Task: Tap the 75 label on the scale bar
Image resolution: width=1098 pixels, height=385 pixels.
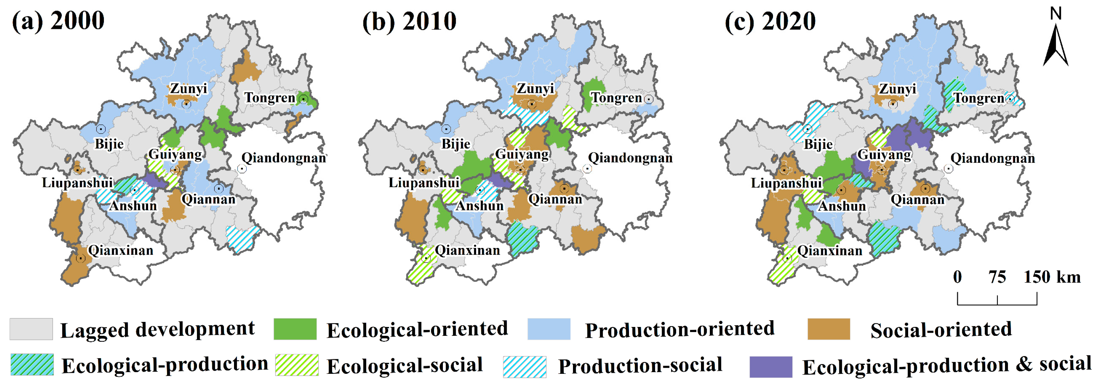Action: click(997, 277)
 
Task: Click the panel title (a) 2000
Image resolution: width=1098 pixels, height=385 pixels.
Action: click(58, 21)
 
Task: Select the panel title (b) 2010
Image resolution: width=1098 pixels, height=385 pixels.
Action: click(409, 21)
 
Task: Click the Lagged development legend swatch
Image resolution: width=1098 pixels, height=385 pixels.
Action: click(31, 329)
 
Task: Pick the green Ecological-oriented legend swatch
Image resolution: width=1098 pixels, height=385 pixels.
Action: click(295, 329)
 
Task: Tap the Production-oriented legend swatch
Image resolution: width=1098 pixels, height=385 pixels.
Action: click(548, 329)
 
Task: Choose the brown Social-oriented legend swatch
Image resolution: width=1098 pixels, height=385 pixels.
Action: click(829, 329)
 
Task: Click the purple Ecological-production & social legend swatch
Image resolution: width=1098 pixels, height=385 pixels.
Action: click(771, 367)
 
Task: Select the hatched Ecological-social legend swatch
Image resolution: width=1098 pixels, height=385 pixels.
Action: click(297, 365)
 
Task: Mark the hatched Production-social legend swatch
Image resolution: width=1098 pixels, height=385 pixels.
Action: click(524, 367)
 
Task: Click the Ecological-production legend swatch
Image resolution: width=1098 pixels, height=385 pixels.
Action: click(32, 365)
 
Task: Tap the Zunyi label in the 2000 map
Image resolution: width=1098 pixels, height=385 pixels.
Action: click(188, 89)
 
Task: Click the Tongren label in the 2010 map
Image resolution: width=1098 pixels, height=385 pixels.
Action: click(616, 98)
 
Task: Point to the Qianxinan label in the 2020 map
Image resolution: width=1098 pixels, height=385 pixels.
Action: click(829, 250)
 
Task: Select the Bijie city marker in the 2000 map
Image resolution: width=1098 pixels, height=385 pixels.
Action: click(101, 129)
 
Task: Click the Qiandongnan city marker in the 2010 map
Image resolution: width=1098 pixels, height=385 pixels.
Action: click(587, 169)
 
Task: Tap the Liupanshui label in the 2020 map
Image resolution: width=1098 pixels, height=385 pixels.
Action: click(786, 183)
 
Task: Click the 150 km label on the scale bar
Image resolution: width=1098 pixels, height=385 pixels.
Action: click(1052, 277)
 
